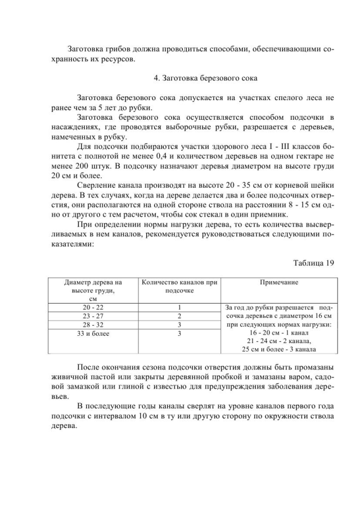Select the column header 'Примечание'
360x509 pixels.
coord(278,282)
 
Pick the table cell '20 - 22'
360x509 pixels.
coord(93,308)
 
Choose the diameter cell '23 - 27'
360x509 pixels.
coord(93,317)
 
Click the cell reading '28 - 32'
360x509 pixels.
coord(93,325)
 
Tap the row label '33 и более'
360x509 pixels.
coord(93,334)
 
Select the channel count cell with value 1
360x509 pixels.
coord(179,308)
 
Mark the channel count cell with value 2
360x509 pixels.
coord(179,317)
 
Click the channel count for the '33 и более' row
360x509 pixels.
coord(179,334)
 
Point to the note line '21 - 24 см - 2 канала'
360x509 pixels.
coord(278,341)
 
